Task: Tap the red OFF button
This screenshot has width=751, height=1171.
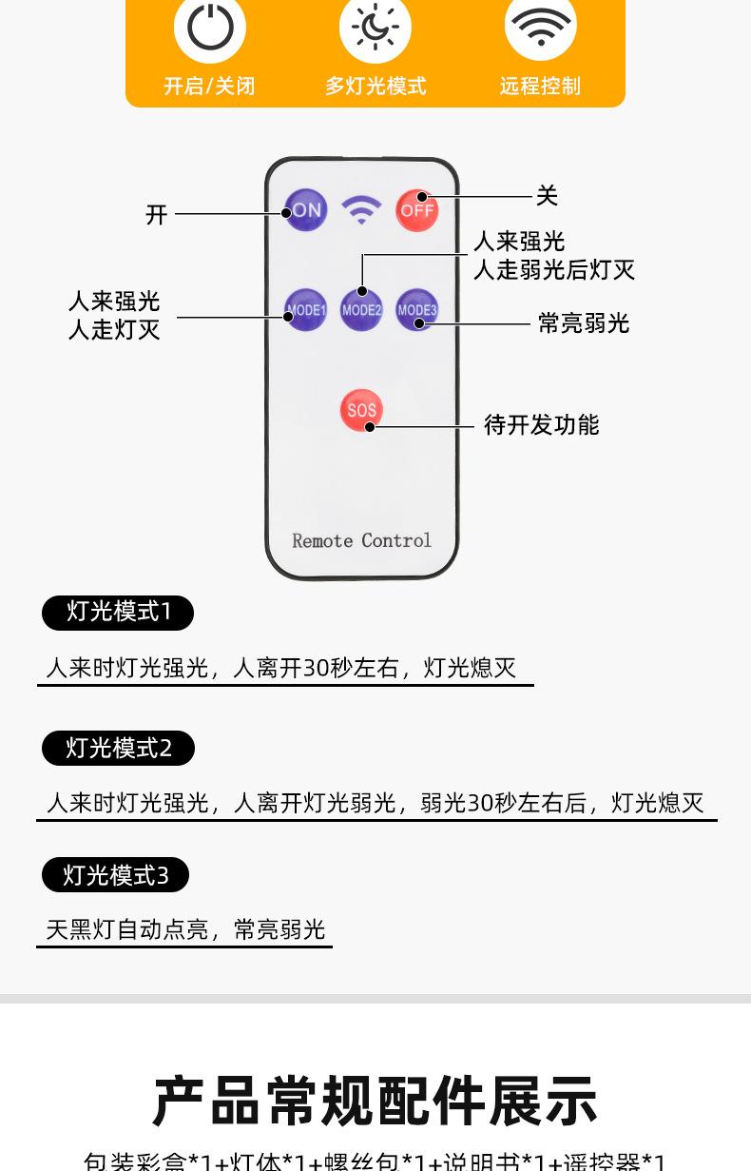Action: coord(417,210)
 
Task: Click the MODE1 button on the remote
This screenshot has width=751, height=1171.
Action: coord(306,310)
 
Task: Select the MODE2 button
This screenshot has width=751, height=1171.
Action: coord(361,310)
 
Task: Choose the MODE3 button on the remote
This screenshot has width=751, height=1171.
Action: coord(417,310)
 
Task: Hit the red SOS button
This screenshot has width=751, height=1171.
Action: coord(361,410)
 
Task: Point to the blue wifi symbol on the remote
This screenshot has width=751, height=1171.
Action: coord(361,210)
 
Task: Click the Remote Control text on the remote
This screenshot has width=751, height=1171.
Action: coord(361,540)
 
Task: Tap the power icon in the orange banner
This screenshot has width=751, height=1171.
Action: coord(210,28)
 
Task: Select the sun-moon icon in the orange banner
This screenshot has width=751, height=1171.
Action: coord(375,28)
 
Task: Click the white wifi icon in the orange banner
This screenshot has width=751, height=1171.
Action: coord(541,28)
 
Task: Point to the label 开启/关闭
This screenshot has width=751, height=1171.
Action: coord(209,86)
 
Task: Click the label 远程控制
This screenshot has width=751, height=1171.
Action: coord(540,86)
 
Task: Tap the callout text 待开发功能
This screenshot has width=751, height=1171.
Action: coord(542,425)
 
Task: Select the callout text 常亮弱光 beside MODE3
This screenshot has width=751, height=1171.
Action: coord(584,323)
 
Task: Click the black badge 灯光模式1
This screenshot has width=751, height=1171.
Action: coord(118,612)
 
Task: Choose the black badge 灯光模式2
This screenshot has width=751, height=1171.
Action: coord(118,749)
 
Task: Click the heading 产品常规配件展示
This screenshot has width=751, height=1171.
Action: coord(375,1102)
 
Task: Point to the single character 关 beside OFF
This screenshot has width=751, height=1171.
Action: coord(547,196)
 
